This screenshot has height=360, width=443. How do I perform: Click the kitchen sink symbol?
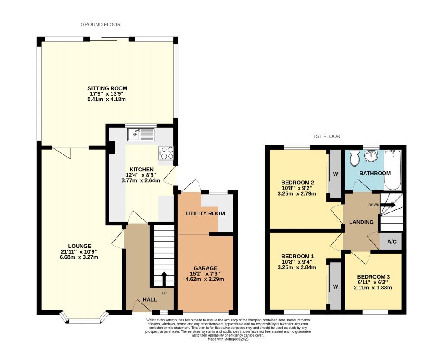point(141,135)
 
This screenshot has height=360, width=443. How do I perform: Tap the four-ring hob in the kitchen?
point(167,153)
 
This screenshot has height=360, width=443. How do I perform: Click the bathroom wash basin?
point(371,156)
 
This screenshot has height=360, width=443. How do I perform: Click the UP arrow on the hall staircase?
point(164,277)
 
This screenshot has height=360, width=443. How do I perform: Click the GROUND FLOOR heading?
point(100,25)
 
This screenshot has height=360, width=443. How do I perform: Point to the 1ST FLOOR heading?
point(327,136)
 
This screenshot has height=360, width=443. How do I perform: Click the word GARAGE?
point(205,268)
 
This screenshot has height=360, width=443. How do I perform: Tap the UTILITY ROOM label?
point(205,214)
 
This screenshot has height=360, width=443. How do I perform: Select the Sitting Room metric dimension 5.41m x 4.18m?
point(106,100)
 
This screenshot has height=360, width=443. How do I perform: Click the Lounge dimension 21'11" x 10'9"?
point(79,252)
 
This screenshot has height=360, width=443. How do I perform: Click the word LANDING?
point(362,222)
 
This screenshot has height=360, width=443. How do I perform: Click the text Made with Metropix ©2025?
point(228,340)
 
